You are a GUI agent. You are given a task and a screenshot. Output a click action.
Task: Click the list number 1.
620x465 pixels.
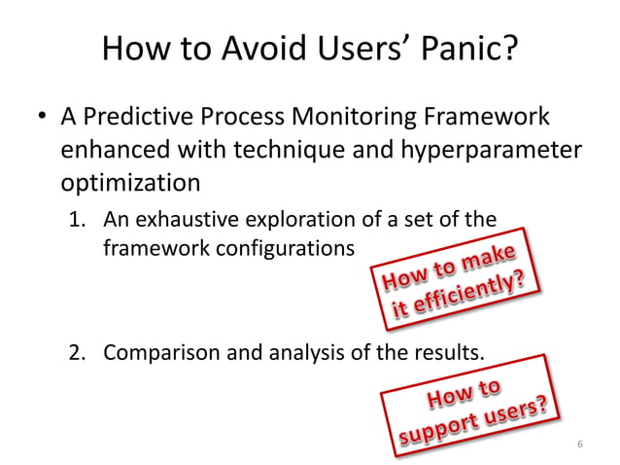[78, 220]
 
